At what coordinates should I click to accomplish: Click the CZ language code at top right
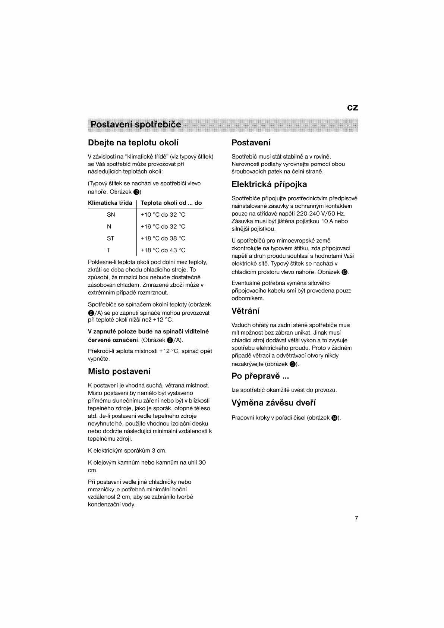(x=352, y=108)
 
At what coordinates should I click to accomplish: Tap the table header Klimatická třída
(x=110, y=203)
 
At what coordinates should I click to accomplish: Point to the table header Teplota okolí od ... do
(x=171, y=203)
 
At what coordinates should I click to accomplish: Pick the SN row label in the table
(x=111, y=215)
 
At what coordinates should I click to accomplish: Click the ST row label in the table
(x=110, y=239)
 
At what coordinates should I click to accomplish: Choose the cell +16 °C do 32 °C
(x=163, y=227)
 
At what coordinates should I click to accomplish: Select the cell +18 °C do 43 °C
(x=163, y=250)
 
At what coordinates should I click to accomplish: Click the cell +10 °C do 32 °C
(x=163, y=215)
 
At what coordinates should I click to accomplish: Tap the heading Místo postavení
(x=119, y=371)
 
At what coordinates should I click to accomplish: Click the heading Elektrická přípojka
(x=269, y=184)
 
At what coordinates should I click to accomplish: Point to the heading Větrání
(x=245, y=311)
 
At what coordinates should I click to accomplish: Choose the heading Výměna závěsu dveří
(x=274, y=403)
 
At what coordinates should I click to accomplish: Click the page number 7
(x=356, y=518)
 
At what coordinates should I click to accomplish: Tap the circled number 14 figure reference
(x=334, y=418)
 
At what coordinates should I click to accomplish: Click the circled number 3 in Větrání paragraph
(x=293, y=364)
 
